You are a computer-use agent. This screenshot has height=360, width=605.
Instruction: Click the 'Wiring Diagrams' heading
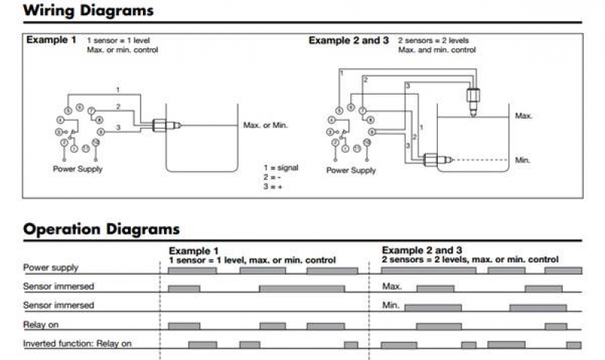tap(88, 11)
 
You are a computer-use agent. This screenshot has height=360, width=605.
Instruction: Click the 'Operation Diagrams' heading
tap(101, 228)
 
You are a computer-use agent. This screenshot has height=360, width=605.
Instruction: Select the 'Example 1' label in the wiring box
tap(51, 39)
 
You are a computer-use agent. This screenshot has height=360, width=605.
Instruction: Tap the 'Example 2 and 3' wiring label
tap(349, 40)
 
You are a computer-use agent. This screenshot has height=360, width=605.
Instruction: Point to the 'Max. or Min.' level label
tap(265, 125)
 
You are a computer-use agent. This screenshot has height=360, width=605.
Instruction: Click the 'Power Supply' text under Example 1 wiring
tap(77, 169)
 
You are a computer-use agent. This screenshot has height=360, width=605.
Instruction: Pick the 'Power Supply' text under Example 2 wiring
tap(351, 170)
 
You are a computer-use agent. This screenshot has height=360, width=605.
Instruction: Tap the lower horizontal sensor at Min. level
tap(436, 159)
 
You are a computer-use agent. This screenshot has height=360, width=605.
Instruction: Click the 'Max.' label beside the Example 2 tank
tap(523, 116)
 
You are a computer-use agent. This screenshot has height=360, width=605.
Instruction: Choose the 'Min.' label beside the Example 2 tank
tap(522, 160)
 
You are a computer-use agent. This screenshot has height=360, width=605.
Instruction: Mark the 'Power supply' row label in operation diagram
tap(51, 268)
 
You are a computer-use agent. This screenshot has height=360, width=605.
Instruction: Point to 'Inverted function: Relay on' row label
tap(77, 343)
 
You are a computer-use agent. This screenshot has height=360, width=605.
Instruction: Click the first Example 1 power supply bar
tap(191, 270)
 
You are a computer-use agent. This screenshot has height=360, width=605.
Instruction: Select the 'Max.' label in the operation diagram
tap(392, 287)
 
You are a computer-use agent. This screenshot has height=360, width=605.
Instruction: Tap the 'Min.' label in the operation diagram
tap(390, 306)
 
